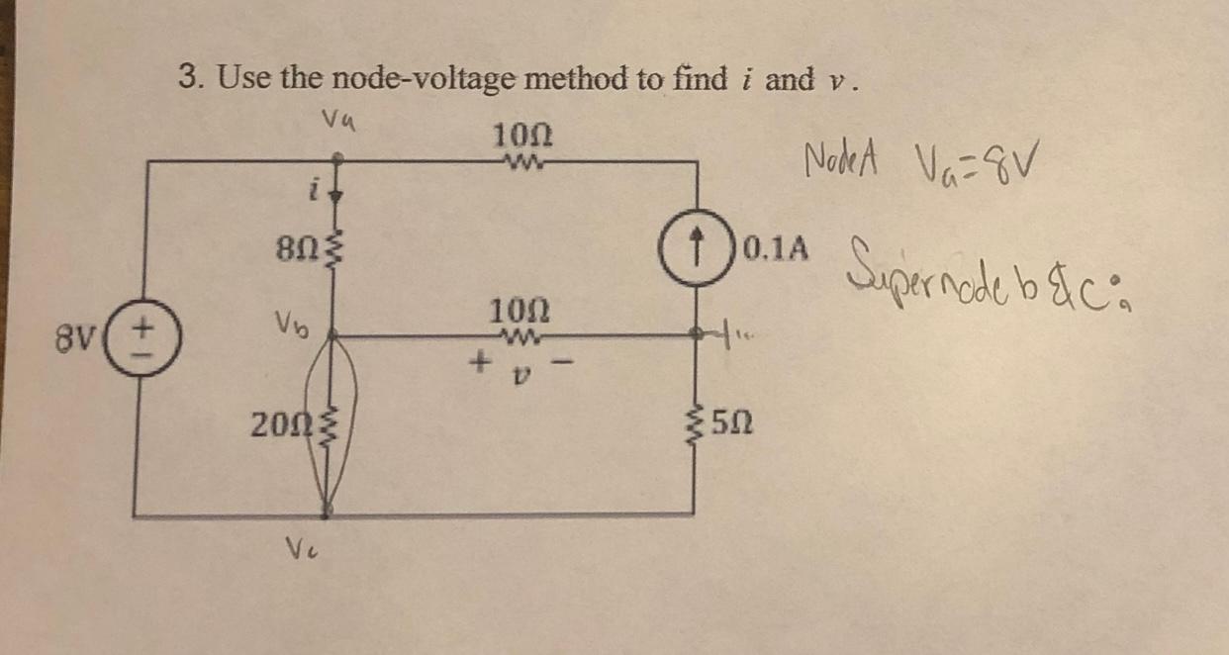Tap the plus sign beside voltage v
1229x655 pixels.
[479, 363]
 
